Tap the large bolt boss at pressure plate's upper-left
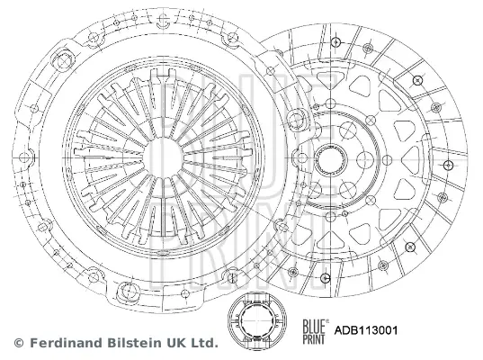(63, 59)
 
